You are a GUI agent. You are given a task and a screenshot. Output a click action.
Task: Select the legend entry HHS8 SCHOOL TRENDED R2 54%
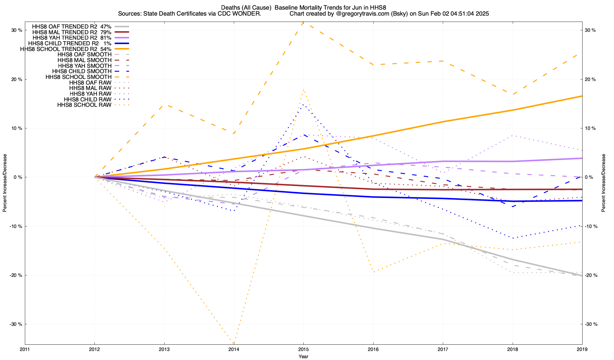point(66,49)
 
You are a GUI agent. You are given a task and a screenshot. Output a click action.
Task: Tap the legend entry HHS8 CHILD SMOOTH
point(82,71)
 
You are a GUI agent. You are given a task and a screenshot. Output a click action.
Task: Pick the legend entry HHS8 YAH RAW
point(90,94)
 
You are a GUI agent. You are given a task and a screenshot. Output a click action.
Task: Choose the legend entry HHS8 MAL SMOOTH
point(85,60)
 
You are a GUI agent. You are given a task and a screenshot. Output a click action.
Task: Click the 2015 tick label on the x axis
point(303,349)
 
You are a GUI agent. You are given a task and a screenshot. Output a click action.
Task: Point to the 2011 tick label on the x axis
point(25,349)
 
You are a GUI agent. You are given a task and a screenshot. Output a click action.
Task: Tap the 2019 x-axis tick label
point(582,349)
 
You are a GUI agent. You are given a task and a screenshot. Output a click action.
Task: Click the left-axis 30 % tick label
point(17,30)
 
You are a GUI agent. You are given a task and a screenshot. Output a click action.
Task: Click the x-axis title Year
point(303,356)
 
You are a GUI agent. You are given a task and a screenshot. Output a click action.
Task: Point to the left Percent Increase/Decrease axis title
point(5,183)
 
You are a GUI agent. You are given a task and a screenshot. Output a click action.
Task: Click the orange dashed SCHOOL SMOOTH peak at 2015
point(303,22)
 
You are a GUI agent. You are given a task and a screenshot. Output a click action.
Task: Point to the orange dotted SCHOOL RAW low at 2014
point(234,343)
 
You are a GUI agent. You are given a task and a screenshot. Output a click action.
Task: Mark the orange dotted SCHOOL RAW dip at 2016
point(373,271)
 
